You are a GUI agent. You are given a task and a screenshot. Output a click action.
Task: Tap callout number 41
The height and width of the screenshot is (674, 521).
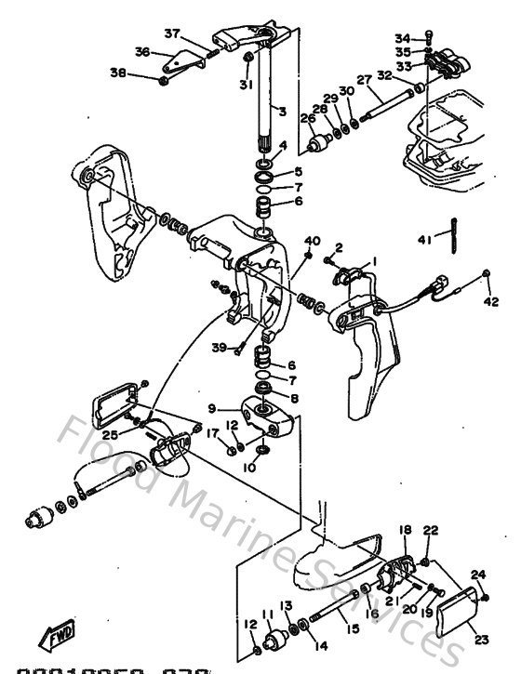click(423, 240)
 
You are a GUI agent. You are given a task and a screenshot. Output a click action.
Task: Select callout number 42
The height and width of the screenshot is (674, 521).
click(491, 301)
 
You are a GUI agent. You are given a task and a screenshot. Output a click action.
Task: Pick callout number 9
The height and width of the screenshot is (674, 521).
click(211, 407)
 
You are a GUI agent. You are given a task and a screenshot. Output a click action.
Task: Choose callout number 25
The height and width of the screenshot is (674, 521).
click(110, 434)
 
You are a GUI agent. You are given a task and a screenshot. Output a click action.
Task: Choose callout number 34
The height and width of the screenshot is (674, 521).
click(401, 38)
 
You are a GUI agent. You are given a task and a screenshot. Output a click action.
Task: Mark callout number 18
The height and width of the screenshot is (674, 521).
click(405, 529)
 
